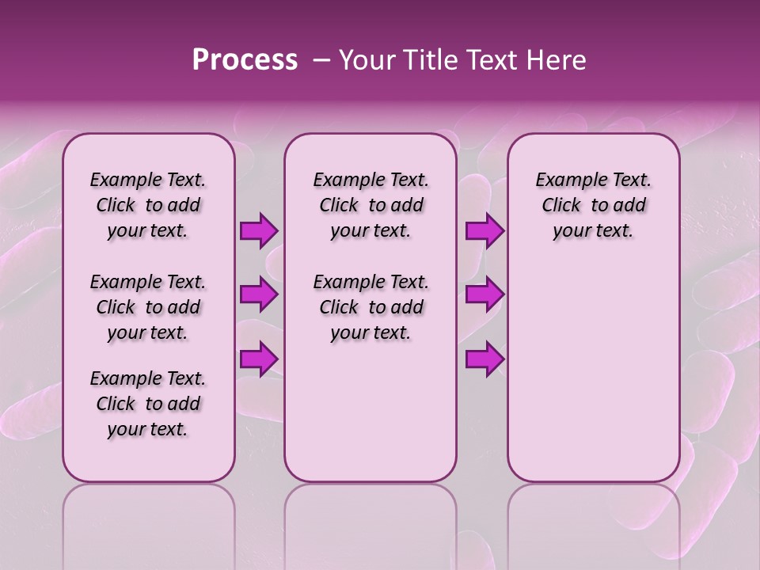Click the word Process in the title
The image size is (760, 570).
tap(245, 60)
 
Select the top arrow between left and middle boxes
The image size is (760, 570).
tap(258, 231)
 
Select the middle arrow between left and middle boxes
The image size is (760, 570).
tap(258, 295)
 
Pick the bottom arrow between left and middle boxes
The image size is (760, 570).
tap(258, 359)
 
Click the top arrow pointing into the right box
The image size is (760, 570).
tap(484, 231)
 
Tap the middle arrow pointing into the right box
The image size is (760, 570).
tap(484, 295)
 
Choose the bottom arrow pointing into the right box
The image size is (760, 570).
tap(484, 359)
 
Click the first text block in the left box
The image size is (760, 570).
tap(148, 205)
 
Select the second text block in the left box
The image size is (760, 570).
tap(148, 307)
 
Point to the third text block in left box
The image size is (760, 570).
tap(148, 404)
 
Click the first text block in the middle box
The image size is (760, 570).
tap(370, 205)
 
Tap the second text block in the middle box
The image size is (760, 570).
tap(370, 307)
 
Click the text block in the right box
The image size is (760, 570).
tap(593, 205)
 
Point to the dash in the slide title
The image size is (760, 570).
tap(321, 60)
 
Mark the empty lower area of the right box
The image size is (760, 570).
tap(593, 372)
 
